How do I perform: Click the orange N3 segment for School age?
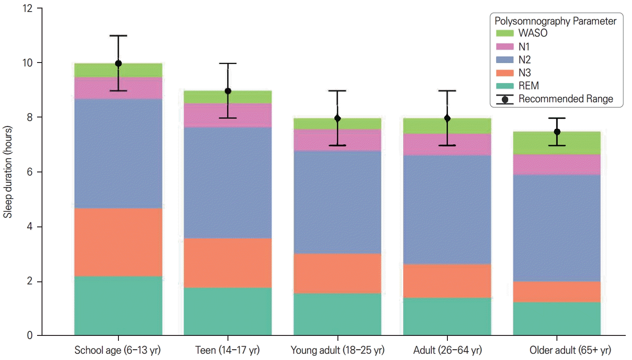(x=118, y=242)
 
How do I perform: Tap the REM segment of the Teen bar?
(x=228, y=311)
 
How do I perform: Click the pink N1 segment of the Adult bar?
(x=447, y=144)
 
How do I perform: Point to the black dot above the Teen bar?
(x=228, y=91)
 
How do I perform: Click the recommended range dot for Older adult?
(x=557, y=132)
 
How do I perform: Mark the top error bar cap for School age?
(x=118, y=36)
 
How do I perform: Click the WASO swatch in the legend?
(x=505, y=33)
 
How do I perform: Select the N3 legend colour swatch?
(x=505, y=73)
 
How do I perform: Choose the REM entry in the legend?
(x=529, y=86)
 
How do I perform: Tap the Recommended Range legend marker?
(x=505, y=99)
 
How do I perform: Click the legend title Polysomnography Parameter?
(x=556, y=21)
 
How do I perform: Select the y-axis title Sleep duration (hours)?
(x=8, y=172)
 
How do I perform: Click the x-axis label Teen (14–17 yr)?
(x=228, y=350)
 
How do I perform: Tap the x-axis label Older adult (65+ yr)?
(x=570, y=350)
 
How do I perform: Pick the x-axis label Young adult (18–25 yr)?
(x=337, y=350)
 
